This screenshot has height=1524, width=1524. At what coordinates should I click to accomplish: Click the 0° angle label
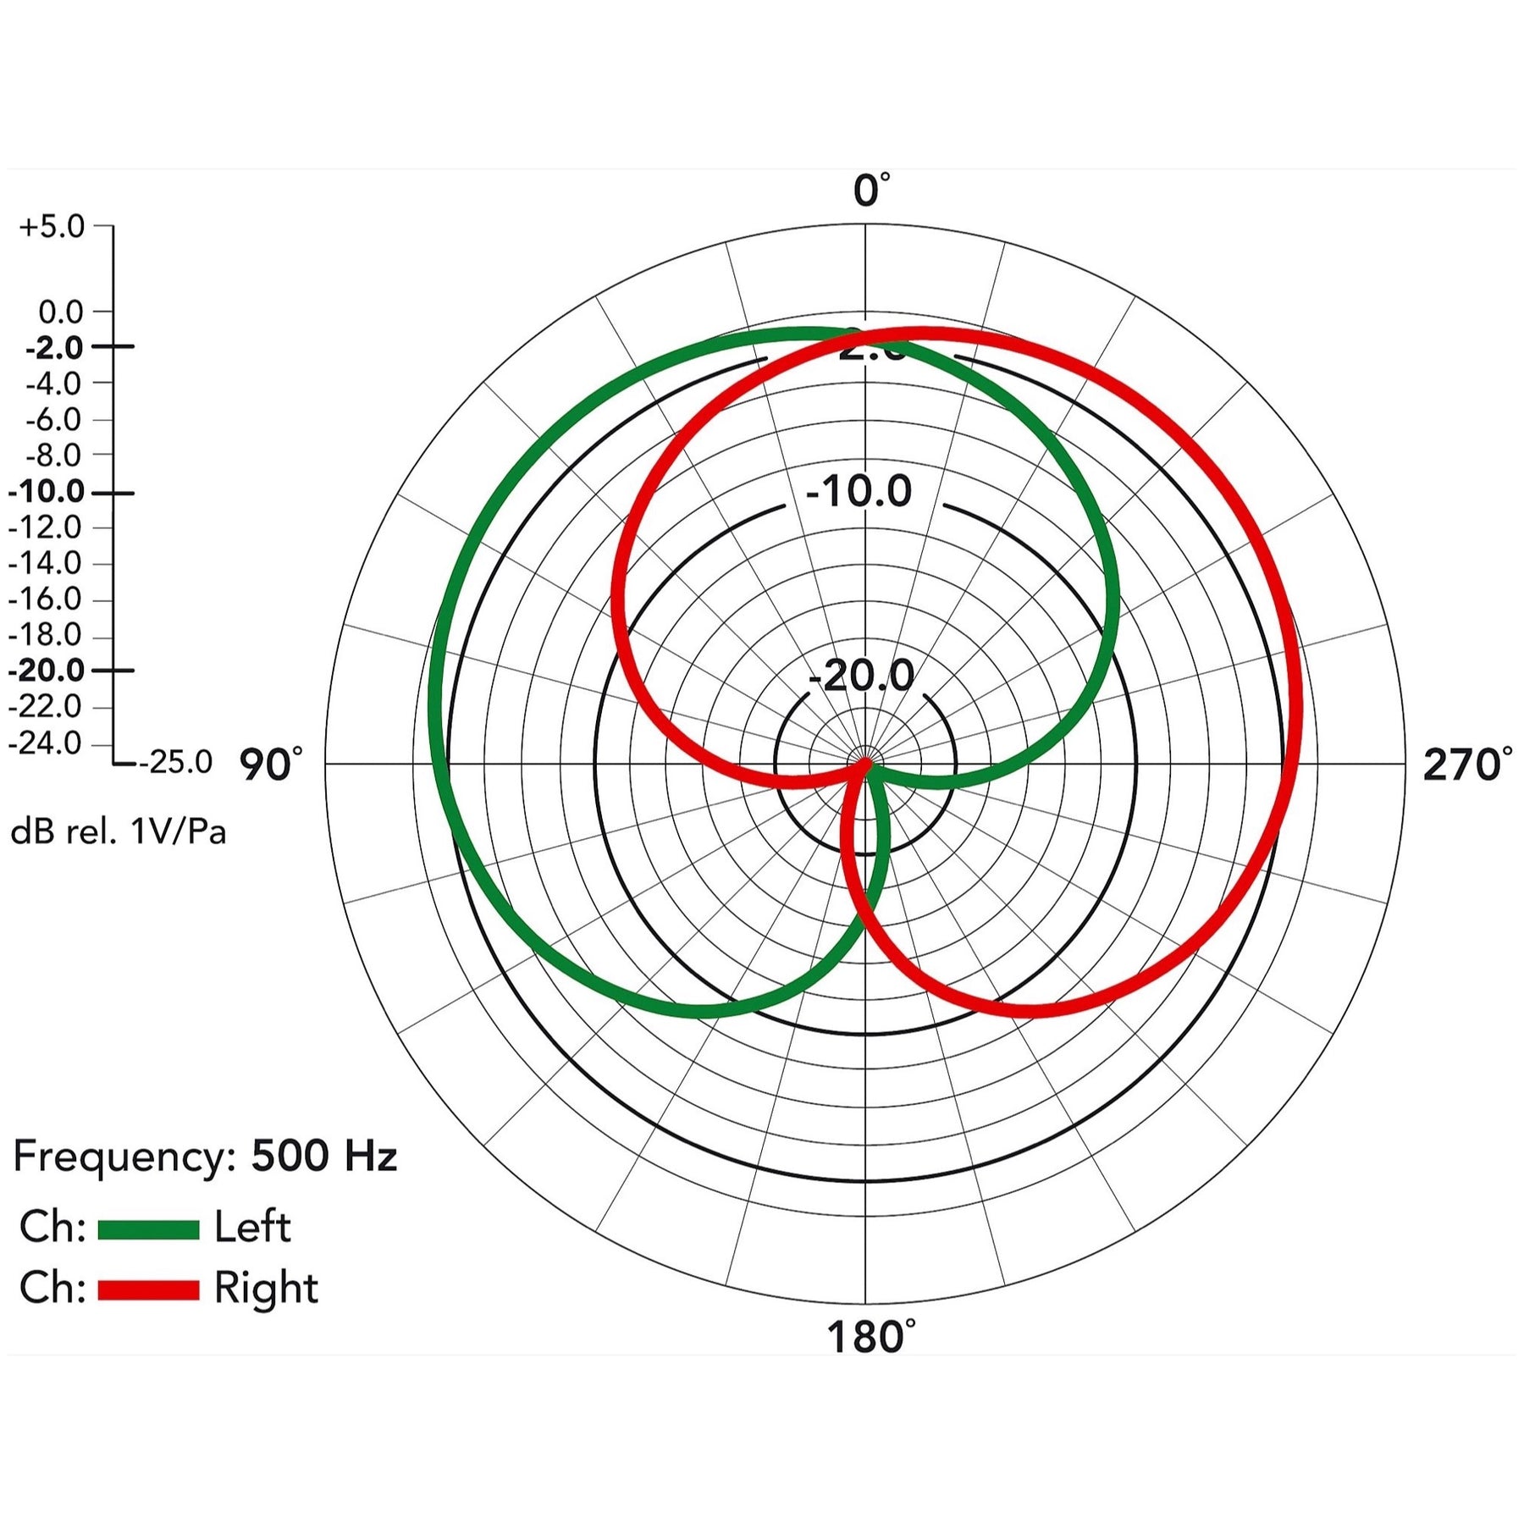[870, 190]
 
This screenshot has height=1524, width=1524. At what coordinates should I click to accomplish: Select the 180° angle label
[870, 1338]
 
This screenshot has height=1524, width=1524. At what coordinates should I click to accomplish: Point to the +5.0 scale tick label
[52, 227]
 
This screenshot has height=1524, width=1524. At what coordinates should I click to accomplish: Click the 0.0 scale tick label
[61, 312]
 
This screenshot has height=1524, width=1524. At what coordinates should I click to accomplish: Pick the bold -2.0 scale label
[55, 348]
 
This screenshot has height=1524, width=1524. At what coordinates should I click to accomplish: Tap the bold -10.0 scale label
[47, 492]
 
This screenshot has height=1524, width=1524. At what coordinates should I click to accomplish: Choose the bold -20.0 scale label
[47, 671]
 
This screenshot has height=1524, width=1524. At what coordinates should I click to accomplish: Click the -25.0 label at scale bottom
[176, 763]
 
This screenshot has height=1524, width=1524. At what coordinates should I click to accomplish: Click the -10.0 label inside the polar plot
[859, 492]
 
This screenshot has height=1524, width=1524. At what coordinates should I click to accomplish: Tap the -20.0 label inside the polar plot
[861, 676]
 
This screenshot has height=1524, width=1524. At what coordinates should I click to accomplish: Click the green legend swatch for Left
[148, 1229]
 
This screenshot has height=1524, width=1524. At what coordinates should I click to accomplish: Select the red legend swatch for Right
[148, 1289]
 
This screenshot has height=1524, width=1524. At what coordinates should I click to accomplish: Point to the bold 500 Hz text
[324, 1157]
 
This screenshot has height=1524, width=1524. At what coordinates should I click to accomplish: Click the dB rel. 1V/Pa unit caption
[119, 832]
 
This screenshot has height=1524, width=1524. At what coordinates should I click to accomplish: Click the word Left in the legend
[252, 1228]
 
